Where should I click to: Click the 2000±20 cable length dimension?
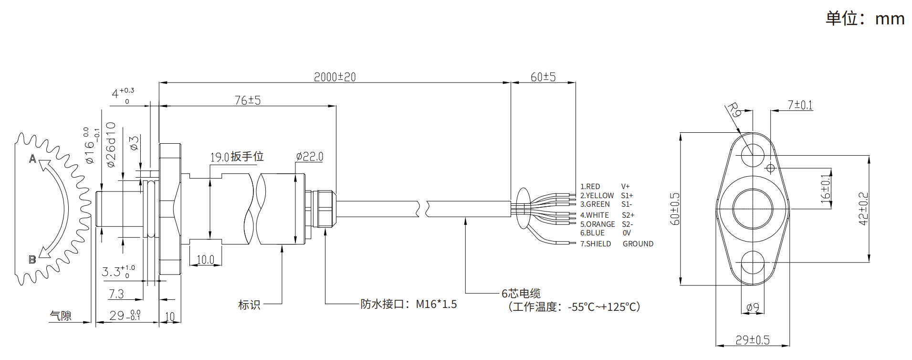click(x=335, y=77)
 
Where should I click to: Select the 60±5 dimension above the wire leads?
click(x=543, y=77)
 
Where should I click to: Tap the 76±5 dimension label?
click(x=248, y=100)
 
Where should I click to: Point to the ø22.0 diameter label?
click(x=309, y=157)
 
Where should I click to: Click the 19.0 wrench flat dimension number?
click(x=220, y=157)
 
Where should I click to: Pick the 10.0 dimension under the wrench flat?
click(x=206, y=260)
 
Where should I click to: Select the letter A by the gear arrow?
click(x=32, y=159)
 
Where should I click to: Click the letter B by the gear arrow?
click(x=32, y=260)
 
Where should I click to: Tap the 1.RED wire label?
click(x=590, y=187)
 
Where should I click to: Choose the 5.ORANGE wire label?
click(x=598, y=224)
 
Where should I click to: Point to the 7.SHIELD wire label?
click(x=596, y=244)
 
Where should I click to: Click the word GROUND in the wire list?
click(x=638, y=244)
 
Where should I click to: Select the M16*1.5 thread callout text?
click(x=436, y=304)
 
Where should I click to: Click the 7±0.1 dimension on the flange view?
click(x=800, y=105)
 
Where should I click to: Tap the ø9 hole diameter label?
click(x=753, y=307)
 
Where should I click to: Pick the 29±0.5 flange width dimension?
click(x=753, y=340)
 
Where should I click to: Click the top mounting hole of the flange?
click(x=753, y=155)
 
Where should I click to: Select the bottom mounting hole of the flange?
click(x=753, y=262)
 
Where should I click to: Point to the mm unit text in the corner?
click(x=890, y=19)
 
